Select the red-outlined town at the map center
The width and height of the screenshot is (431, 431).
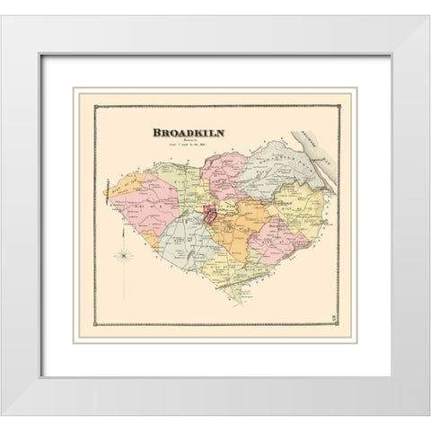tap(209, 215)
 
